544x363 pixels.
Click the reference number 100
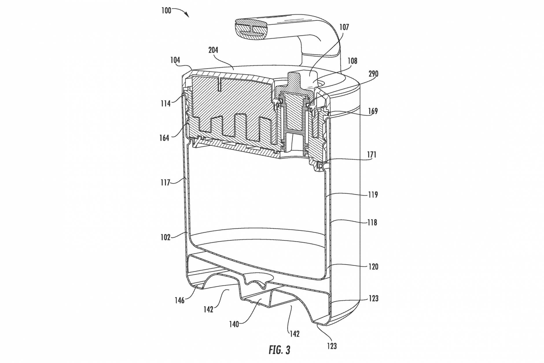point(166,11)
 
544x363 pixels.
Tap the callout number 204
point(213,50)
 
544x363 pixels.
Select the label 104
point(175,60)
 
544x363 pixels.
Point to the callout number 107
point(344,27)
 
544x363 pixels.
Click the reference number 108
point(352,61)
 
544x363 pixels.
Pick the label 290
point(373,74)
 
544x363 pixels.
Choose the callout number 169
point(373,111)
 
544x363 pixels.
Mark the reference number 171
point(372,155)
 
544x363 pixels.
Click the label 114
point(166,103)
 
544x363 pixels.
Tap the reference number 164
point(164,138)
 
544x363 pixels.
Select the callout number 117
point(165,183)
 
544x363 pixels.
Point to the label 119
point(373,195)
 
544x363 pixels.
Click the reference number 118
point(372,223)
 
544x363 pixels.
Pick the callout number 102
point(165,237)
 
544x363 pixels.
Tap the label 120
point(373,267)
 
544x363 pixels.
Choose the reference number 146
point(179,300)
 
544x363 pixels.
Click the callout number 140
point(234,324)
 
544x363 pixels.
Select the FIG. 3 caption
point(279,350)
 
